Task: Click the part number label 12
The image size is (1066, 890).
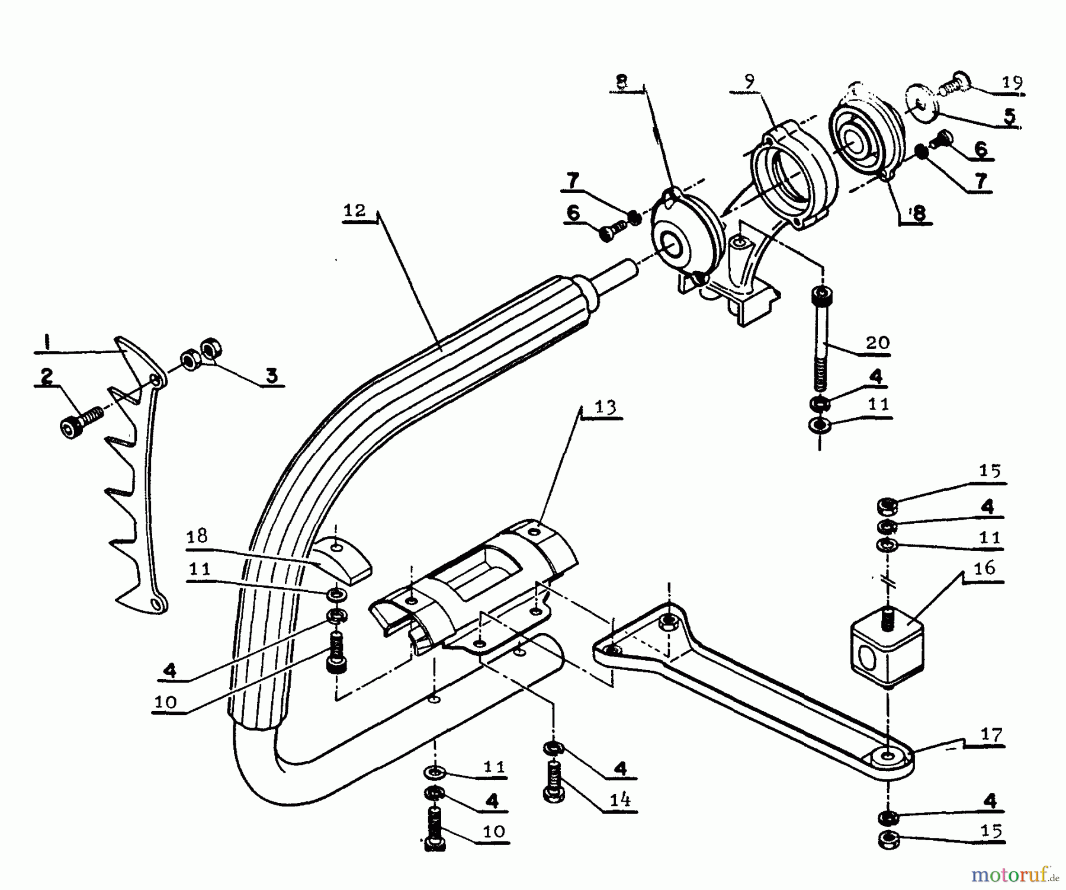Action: click(354, 211)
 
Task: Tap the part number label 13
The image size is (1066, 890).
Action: click(605, 408)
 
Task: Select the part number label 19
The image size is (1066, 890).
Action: click(1011, 82)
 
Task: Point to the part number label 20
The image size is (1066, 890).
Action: click(877, 342)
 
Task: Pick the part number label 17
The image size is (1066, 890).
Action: click(991, 735)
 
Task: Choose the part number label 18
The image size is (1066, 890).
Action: click(197, 536)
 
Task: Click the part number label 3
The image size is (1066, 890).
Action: click(271, 376)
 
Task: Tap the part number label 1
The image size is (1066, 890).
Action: click(44, 342)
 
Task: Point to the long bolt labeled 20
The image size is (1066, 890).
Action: click(821, 338)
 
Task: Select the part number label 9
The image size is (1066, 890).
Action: click(750, 82)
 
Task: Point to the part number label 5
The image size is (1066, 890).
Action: click(1010, 116)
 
